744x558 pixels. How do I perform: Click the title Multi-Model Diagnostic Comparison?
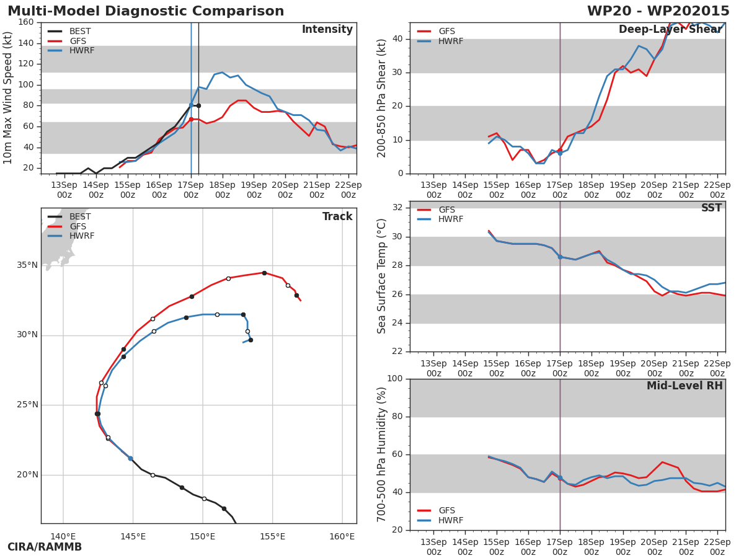146,11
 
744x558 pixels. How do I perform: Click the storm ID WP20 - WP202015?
658,11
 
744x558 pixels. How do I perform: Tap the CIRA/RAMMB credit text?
45,547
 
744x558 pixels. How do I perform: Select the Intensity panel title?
327,30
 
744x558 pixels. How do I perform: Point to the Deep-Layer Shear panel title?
670,30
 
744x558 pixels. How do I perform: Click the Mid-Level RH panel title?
684,386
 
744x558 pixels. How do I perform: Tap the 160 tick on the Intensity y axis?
26,22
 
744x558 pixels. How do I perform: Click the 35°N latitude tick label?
27,265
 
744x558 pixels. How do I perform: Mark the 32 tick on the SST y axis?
397,208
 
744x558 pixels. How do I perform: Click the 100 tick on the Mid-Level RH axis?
395,379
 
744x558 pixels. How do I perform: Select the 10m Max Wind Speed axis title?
9,97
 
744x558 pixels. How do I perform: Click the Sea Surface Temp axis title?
382,276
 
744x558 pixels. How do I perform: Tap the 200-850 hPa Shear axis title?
382,98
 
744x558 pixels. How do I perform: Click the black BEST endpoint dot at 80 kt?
198,105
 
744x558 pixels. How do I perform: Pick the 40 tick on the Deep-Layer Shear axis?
397,39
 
